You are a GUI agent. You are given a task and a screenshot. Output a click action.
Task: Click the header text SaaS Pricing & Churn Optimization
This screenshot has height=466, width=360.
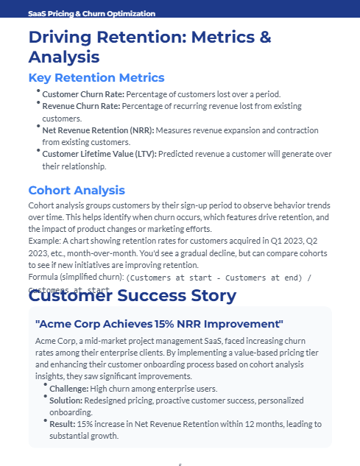[91, 13]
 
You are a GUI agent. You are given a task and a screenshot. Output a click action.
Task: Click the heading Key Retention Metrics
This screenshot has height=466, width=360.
[96, 77]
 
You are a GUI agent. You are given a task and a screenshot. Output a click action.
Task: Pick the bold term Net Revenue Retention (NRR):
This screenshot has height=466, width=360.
[98, 130]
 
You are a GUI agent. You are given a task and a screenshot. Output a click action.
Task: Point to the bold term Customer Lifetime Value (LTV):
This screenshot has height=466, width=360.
[99, 154]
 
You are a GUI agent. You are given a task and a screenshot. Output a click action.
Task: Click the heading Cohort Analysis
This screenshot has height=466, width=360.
[77, 190]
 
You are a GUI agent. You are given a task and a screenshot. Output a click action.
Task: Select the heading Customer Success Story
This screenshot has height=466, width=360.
[133, 296]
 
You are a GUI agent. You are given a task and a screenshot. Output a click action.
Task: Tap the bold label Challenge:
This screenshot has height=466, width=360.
[68, 388]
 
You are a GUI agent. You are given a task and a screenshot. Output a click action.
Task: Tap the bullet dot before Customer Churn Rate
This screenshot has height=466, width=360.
[38, 91]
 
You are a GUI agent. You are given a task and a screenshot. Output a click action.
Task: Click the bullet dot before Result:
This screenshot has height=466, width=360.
[46, 421]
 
